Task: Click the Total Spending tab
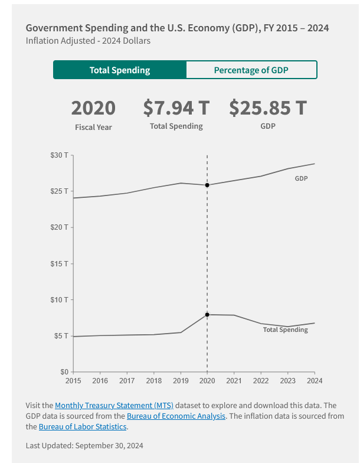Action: [120, 70]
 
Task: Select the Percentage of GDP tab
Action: [251, 70]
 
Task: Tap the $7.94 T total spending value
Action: [176, 108]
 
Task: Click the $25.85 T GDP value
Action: [267, 108]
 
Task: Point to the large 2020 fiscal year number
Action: [93, 109]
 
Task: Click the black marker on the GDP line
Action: [207, 185]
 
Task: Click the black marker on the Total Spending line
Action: [207, 315]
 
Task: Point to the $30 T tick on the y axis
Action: [59, 155]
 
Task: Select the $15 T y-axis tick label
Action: [59, 263]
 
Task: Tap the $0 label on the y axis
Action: [64, 372]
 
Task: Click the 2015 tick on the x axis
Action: [73, 381]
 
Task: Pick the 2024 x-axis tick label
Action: [315, 381]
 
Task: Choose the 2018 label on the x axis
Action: [153, 381]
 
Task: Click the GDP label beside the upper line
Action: [301, 178]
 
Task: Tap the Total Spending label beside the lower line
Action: [285, 330]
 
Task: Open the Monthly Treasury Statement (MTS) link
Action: [114, 405]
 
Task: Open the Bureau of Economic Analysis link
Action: [176, 416]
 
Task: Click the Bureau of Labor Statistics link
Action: [83, 426]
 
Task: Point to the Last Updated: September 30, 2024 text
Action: [84, 445]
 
